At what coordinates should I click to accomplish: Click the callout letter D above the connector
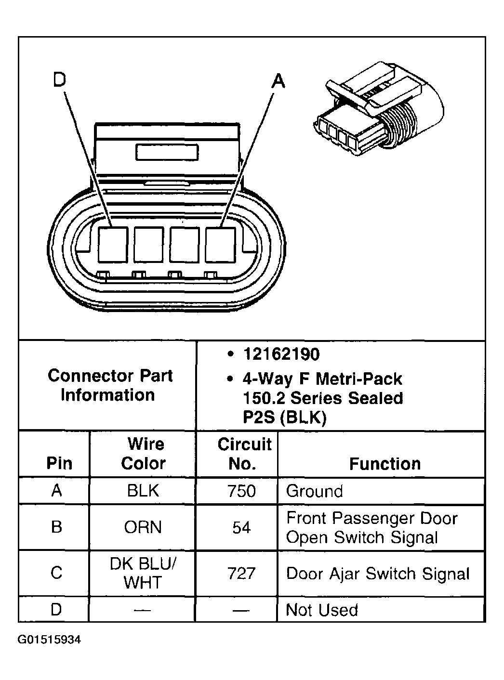pyautogui.click(x=59, y=80)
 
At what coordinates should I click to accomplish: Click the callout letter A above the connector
pyautogui.click(x=278, y=81)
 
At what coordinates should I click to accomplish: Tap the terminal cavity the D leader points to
pyautogui.click(x=113, y=245)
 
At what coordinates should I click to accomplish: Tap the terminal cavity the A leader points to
pyautogui.click(x=220, y=245)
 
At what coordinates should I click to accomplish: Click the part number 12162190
pyautogui.click(x=281, y=354)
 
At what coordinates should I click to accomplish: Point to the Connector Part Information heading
pyautogui.click(x=109, y=385)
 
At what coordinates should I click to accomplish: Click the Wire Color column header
pyautogui.click(x=144, y=454)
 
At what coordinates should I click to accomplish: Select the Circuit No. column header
pyautogui.click(x=244, y=454)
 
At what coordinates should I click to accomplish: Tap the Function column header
pyautogui.click(x=385, y=464)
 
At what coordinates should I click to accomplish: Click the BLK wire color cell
pyautogui.click(x=143, y=491)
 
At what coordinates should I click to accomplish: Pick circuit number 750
pyautogui.click(x=241, y=491)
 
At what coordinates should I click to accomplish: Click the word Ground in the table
pyautogui.click(x=314, y=491)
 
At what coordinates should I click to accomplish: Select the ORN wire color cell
pyautogui.click(x=143, y=527)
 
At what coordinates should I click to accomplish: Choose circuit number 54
pyautogui.click(x=241, y=528)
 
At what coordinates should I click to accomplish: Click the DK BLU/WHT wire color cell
pyautogui.click(x=143, y=573)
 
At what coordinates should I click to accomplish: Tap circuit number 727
pyautogui.click(x=241, y=574)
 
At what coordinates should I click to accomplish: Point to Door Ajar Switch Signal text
pyautogui.click(x=377, y=574)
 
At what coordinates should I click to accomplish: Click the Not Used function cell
pyautogui.click(x=322, y=610)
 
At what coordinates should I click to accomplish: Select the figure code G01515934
pyautogui.click(x=50, y=640)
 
